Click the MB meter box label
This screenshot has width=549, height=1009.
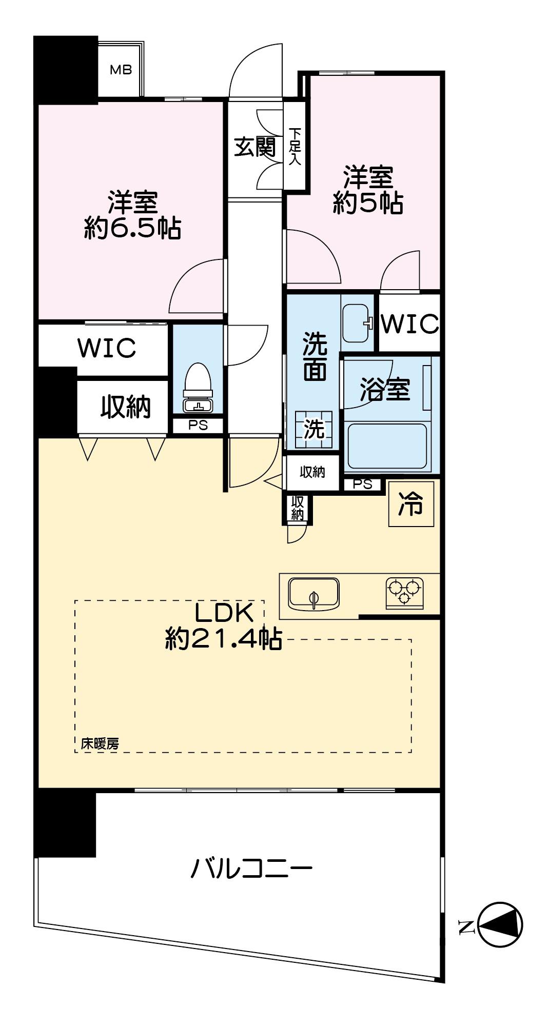coord(121,69)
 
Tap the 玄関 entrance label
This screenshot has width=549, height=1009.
coord(255,148)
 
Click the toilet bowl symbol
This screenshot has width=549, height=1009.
coord(198,387)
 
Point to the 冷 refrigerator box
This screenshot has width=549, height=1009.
coord(411,503)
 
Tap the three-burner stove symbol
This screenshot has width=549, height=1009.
coord(405,593)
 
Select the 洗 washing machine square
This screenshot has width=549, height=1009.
coord(313,430)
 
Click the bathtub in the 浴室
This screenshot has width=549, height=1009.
coord(387,446)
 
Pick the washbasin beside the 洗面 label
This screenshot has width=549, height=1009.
coord(357,323)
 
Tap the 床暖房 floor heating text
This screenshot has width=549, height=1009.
coord(100,744)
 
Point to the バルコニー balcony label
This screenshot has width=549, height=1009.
coord(251,869)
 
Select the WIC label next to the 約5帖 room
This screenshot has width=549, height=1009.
coord(411,324)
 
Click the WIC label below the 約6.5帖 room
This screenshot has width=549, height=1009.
coord(107,348)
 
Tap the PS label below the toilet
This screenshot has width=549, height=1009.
coord(198,426)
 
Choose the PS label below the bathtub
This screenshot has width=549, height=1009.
coord(363,484)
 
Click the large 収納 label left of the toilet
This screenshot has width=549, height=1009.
coord(125,407)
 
